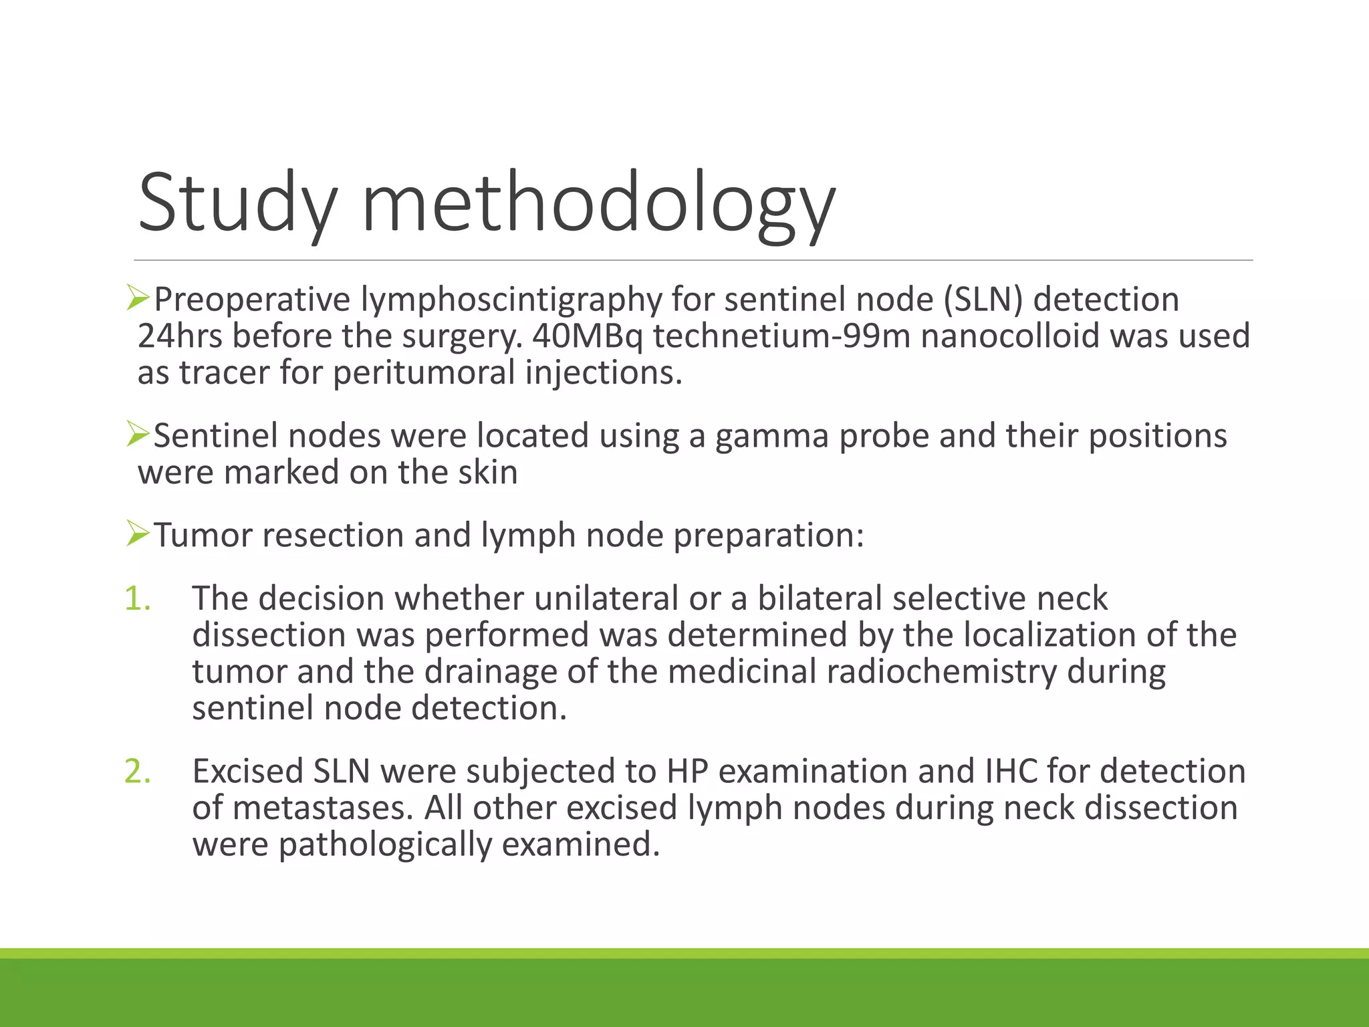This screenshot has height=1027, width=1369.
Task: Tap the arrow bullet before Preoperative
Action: pos(137,298)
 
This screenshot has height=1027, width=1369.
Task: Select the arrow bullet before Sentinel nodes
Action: pos(137,435)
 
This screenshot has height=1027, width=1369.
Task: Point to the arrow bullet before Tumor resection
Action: pos(137,534)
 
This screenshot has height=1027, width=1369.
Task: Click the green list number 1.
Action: pos(138,598)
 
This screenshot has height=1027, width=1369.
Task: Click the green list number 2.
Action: pos(138,772)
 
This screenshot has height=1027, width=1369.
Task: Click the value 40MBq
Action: pos(587,336)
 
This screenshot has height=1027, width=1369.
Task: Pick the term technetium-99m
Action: pos(782,336)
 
